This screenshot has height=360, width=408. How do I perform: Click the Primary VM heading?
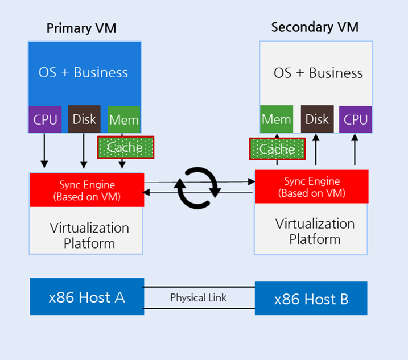click(81, 28)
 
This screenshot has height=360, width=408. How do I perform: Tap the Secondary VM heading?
click(315, 27)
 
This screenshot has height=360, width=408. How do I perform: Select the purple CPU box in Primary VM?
click(45, 119)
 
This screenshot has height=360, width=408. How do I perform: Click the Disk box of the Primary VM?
click(84, 119)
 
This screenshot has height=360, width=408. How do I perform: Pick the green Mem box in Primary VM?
click(123, 119)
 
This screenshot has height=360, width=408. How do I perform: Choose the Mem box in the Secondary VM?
click(277, 119)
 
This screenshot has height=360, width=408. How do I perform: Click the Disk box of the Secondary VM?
click(317, 119)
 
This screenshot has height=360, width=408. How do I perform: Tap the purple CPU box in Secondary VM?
click(356, 119)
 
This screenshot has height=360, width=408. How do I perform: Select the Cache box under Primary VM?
click(125, 148)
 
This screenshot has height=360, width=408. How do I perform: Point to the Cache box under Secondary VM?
click(277, 150)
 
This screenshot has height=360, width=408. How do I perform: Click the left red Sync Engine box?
click(86, 191)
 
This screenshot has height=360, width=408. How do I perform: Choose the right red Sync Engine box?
click(312, 187)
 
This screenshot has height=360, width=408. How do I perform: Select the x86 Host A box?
click(86, 296)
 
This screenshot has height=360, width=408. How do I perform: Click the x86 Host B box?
click(311, 299)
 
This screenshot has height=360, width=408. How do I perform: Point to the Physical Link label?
click(198, 297)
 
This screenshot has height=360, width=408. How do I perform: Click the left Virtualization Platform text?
click(89, 235)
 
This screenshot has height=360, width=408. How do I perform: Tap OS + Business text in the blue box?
click(83, 72)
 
